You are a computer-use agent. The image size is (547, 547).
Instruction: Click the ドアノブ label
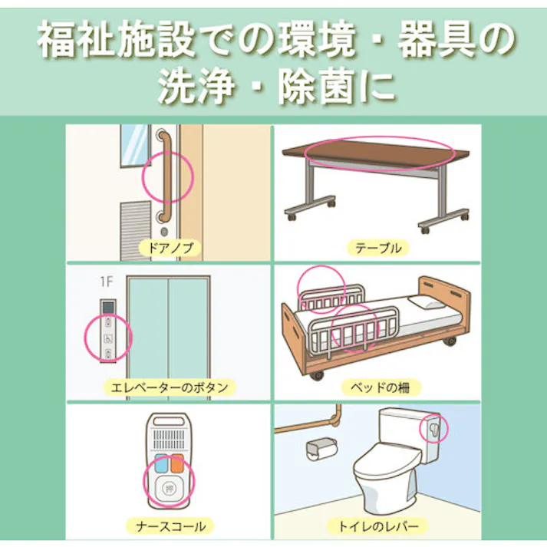[x=167, y=248]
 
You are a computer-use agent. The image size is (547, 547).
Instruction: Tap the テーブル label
[x=377, y=248]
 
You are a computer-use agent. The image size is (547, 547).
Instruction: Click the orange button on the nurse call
[x=177, y=463]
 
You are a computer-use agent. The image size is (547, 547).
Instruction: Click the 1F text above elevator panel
[x=106, y=283]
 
